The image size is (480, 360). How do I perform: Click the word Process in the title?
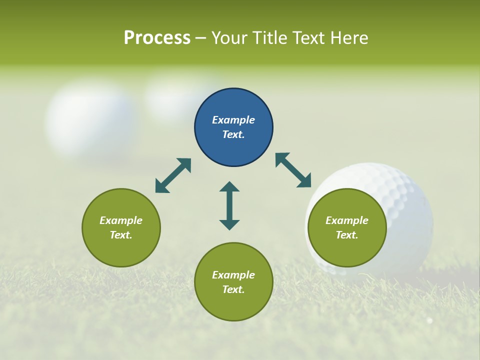(x=157, y=38)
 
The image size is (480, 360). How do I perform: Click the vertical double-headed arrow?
(x=229, y=205)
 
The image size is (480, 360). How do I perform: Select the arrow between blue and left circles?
(x=173, y=175)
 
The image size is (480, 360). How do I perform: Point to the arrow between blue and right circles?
(x=293, y=170)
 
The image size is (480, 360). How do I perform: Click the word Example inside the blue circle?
(x=233, y=120)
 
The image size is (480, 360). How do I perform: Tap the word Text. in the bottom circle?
(x=233, y=289)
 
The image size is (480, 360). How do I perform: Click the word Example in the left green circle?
(x=121, y=220)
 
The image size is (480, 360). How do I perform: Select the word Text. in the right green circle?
(x=347, y=235)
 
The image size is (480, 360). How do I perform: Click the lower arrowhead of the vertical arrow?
(x=229, y=224)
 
